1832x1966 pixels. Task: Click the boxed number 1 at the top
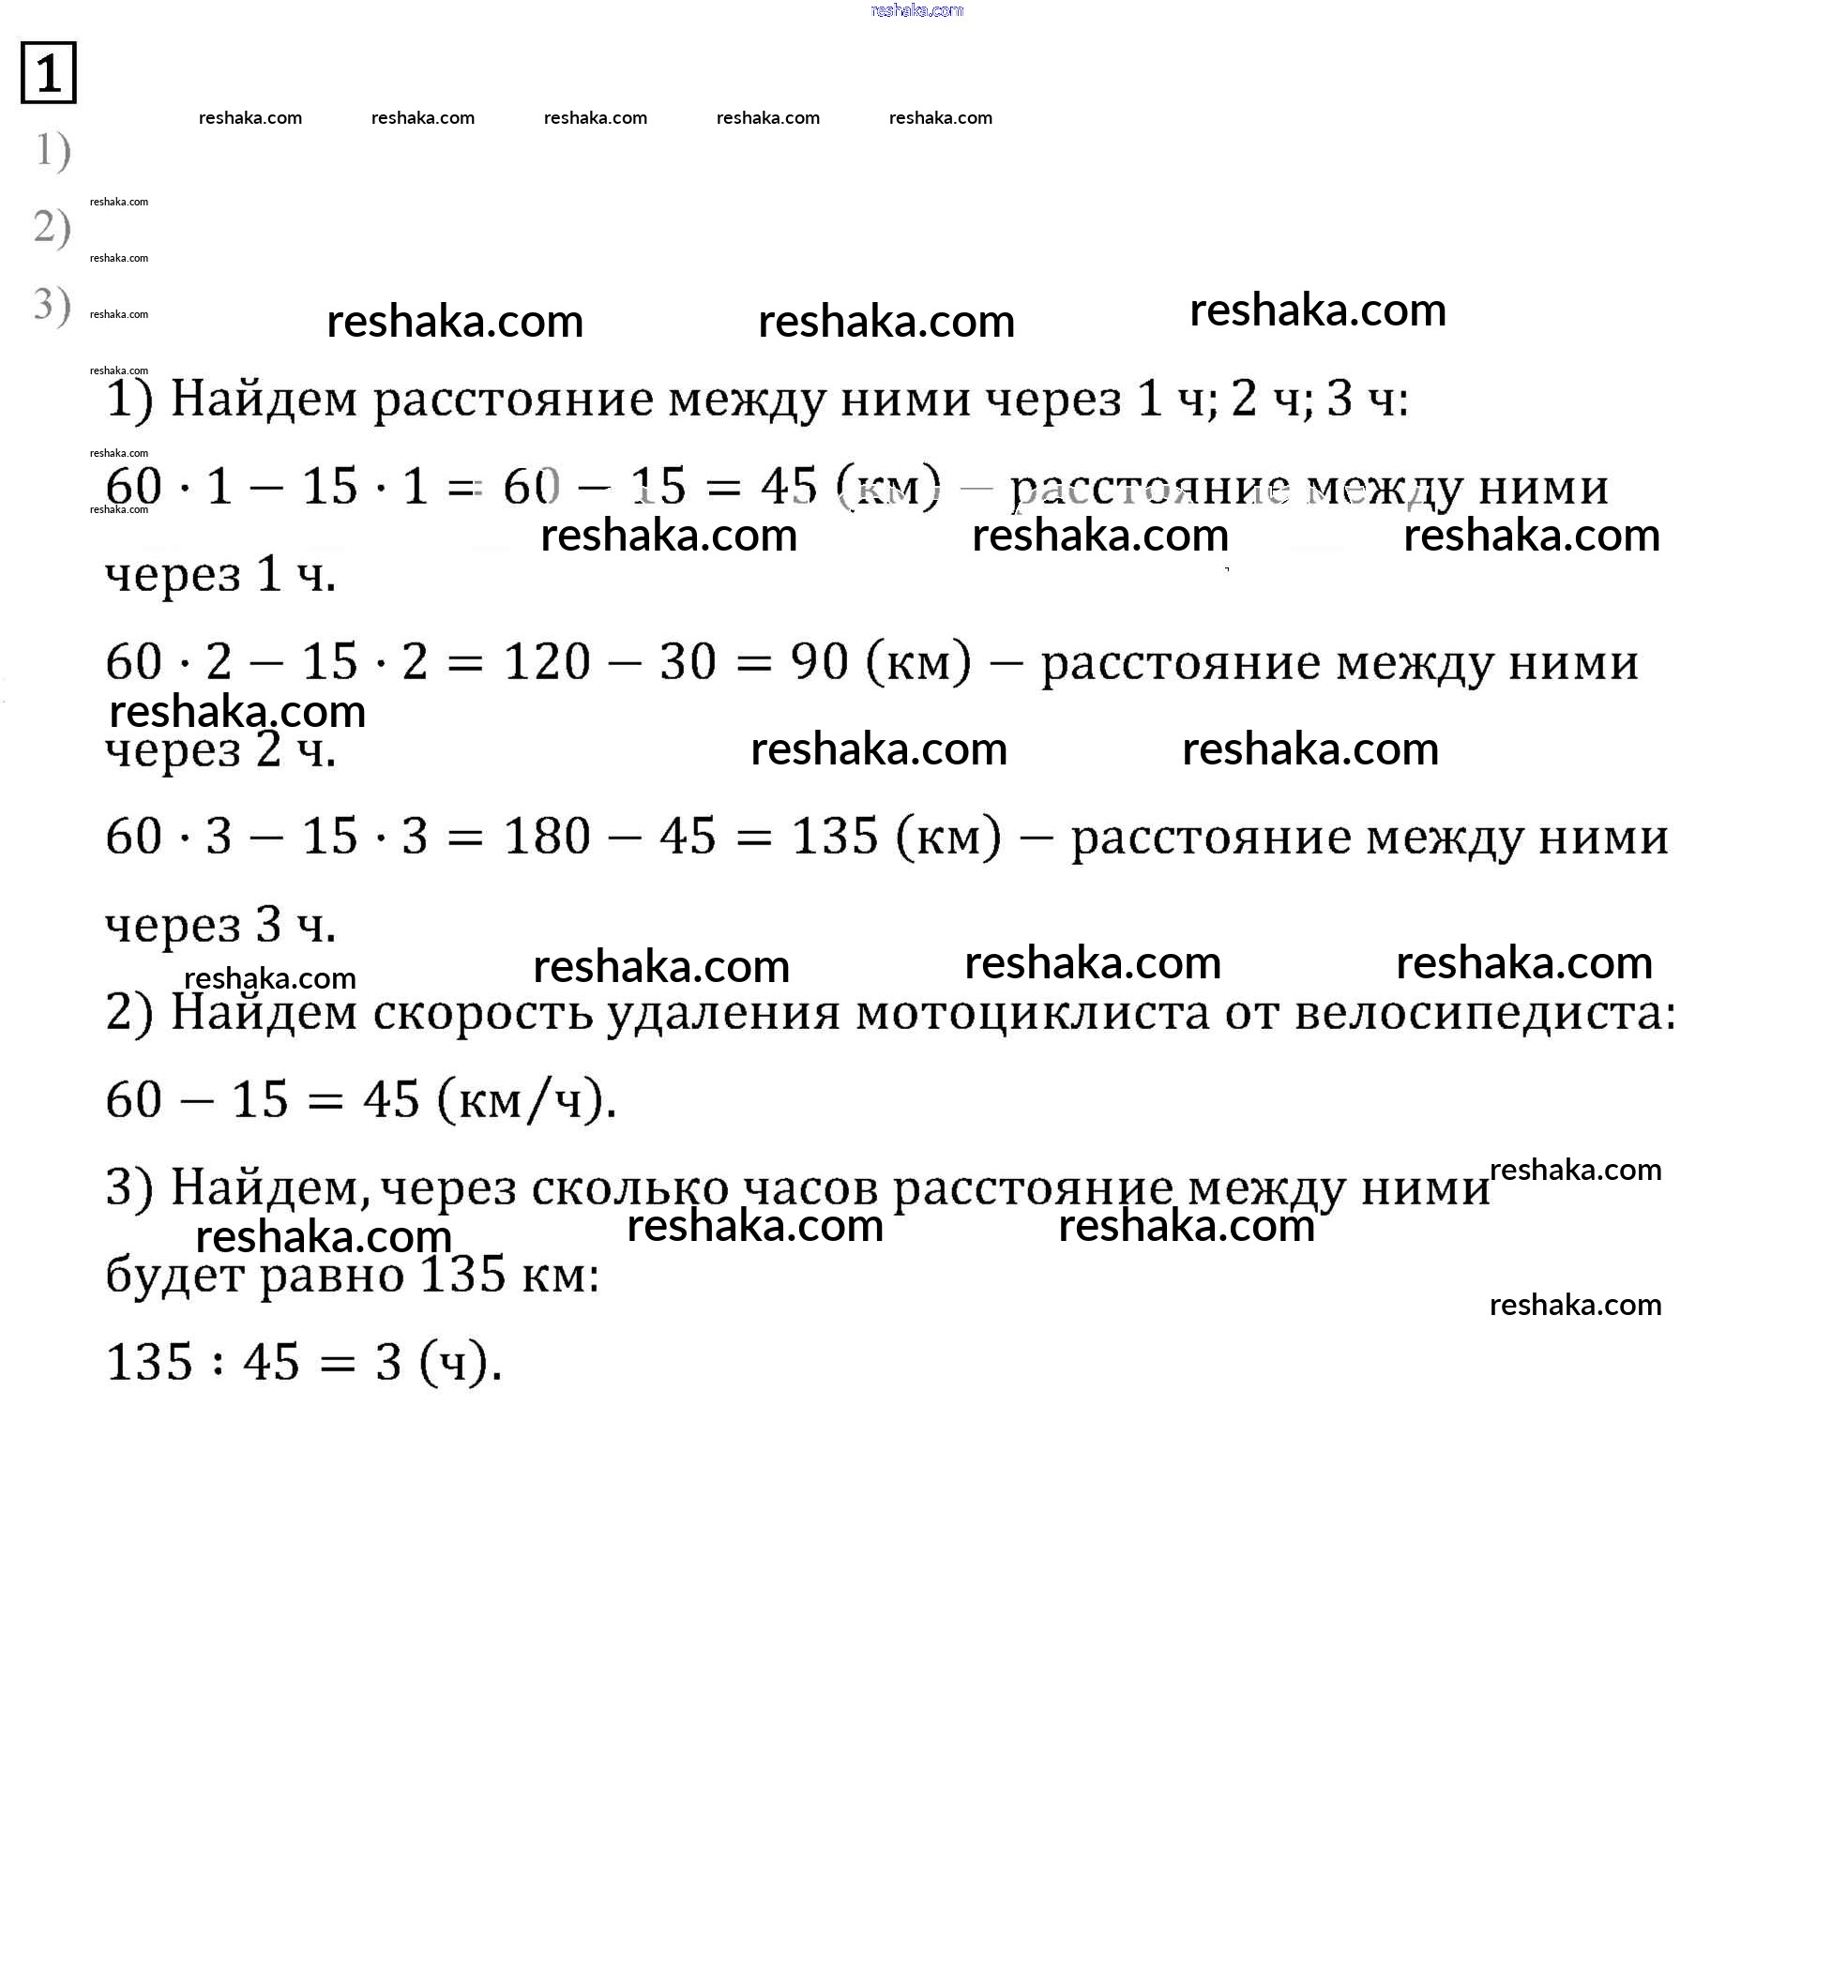48,72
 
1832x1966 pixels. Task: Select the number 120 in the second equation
547,661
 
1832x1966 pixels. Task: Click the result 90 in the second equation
819,661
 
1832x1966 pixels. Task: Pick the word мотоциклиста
1032,1013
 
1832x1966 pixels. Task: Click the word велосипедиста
1484,1013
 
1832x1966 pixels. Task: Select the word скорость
482,1013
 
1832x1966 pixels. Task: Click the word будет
175,1275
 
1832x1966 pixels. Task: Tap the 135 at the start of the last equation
148,1363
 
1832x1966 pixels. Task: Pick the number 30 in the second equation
688,661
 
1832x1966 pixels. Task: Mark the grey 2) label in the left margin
52,227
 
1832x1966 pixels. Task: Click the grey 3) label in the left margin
52,305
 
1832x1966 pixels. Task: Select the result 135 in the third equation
835,837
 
